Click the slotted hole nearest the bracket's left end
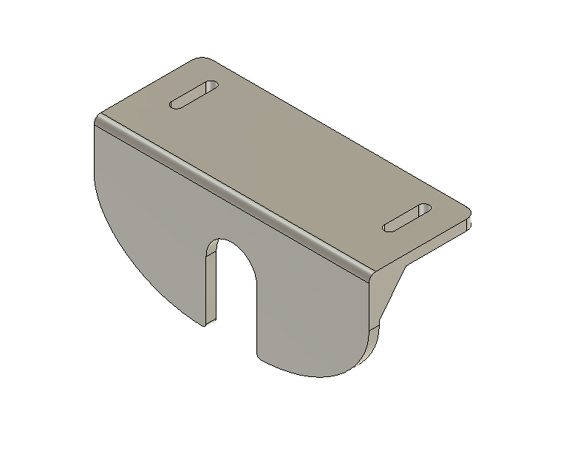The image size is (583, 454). [x=194, y=95]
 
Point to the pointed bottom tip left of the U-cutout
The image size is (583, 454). [x=203, y=325]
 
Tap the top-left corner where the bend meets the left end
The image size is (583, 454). [x=99, y=121]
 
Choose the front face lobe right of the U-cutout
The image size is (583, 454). [x=310, y=311]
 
